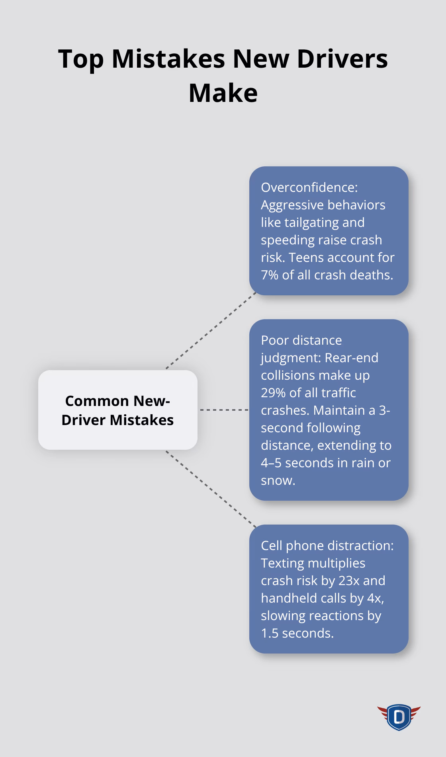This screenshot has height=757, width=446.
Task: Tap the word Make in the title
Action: pos(223,93)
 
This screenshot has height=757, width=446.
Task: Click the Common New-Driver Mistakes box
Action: pos(117,410)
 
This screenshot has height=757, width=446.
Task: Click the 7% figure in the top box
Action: pos(270,275)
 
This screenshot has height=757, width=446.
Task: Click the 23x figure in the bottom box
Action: pos(349,580)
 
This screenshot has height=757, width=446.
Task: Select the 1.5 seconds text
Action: pos(297,633)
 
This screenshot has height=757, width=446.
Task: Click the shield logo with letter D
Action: pos(399,717)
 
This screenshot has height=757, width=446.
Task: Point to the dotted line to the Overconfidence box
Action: pos(211,330)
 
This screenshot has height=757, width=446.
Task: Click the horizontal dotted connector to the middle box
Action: pos(224,410)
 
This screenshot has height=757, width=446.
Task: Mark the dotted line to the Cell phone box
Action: pos(211,489)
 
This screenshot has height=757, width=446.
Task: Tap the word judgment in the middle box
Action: pos(290,357)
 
